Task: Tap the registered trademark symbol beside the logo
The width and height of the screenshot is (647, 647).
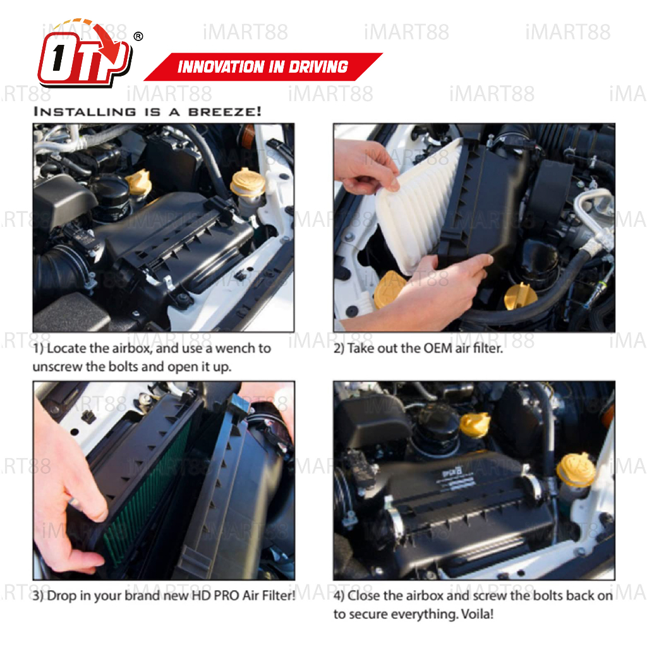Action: click(138, 36)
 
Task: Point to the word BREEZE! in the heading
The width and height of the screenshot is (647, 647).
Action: click(225, 111)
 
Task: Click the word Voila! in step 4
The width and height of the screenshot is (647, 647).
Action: click(477, 614)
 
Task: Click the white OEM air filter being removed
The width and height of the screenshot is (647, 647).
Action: click(417, 207)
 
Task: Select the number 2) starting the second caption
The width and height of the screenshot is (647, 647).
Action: click(339, 348)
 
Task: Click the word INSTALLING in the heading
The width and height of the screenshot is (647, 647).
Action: click(85, 111)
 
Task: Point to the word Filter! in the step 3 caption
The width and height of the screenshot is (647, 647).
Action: click(278, 595)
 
